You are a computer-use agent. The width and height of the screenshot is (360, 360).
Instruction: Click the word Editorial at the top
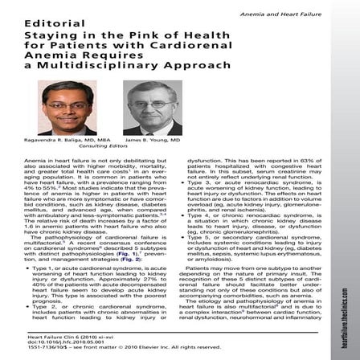point(27,24)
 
